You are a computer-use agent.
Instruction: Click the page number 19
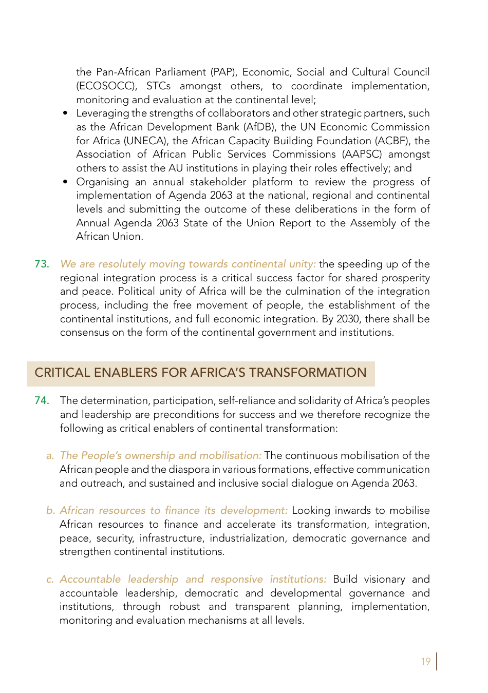[x=425, y=661]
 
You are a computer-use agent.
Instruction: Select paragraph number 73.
[x=42, y=264]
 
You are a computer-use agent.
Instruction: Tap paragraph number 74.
[x=42, y=400]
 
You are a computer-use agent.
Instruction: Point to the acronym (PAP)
[x=223, y=72]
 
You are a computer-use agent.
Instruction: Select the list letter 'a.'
[x=50, y=456]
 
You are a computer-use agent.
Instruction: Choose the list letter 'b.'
[x=50, y=511]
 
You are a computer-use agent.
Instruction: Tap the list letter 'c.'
[x=50, y=580]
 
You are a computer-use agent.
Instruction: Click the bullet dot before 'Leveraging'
[x=65, y=113]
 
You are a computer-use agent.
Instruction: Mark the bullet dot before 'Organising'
[x=65, y=182]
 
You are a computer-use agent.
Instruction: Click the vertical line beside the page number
[x=436, y=661]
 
